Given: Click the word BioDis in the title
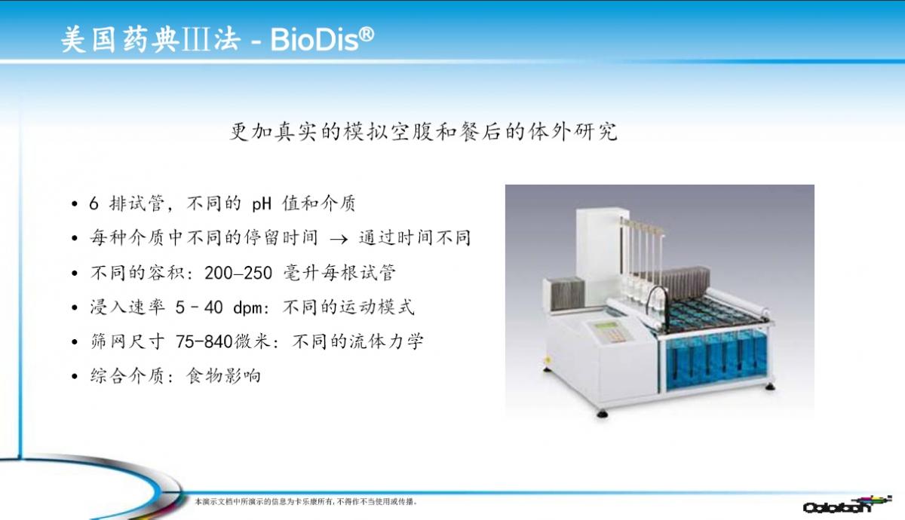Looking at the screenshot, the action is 314,40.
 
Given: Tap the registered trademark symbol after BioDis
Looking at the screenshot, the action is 367,35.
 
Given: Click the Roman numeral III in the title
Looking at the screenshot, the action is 196,39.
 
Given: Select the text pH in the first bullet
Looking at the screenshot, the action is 262,204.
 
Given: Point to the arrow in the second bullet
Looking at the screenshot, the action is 339,239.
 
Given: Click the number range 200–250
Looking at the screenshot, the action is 238,274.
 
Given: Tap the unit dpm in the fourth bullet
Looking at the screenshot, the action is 248,308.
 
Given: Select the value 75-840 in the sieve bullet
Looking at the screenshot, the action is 204,342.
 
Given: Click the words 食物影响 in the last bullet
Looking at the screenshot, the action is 223,376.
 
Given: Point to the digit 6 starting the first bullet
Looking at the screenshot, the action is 94,203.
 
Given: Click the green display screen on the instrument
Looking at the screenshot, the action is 606,326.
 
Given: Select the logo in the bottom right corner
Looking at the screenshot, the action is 847,505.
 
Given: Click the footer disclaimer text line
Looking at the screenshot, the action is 306,502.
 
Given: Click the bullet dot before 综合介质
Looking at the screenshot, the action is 75,377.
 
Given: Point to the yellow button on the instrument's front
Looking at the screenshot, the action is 548,359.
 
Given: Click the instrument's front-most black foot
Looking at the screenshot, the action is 603,414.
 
